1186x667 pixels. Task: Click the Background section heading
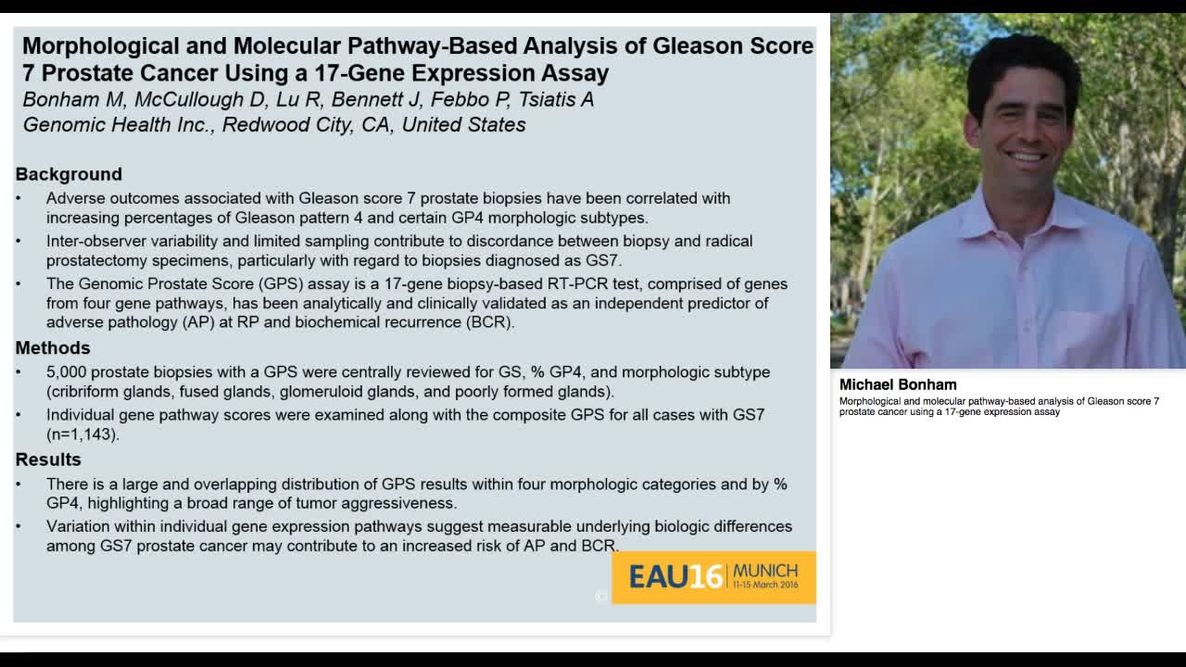[69, 174]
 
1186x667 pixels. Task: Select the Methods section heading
[53, 347]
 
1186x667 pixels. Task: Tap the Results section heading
[48, 459]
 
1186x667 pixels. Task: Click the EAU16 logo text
[675, 577]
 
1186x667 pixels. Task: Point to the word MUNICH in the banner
[764, 571]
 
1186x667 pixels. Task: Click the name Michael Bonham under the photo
[897, 384]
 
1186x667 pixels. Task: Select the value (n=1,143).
[83, 434]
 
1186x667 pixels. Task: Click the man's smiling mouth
[1027, 157]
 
